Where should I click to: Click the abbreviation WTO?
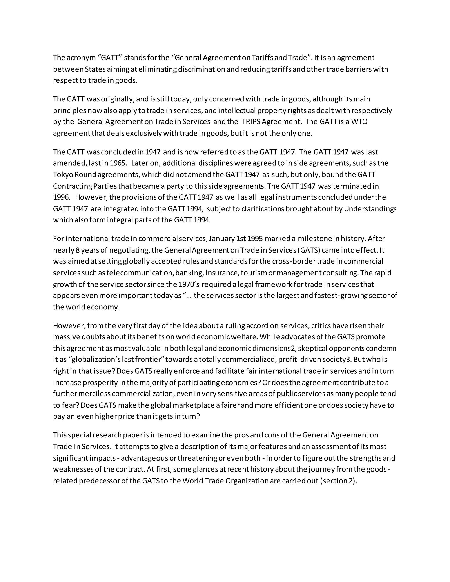point(359,122)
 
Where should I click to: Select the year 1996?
point(61,197)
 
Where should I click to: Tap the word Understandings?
point(370,209)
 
